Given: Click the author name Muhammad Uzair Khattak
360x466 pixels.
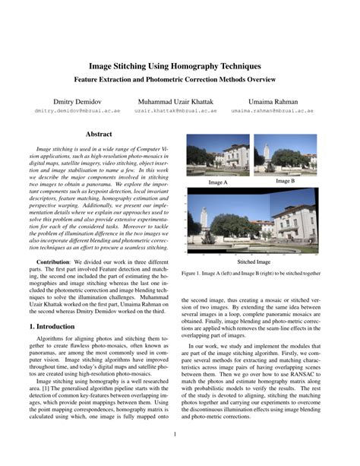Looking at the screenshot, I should click(x=175, y=101).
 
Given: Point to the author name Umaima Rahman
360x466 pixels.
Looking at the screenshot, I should click(x=272, y=101).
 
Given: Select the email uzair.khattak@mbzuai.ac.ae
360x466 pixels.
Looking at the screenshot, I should click(x=175, y=111).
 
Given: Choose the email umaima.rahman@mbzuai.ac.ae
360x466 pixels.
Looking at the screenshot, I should click(x=272, y=111).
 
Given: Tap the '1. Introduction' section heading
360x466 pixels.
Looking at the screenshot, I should click(x=50, y=326).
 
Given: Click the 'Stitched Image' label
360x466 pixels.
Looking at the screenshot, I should click(x=257, y=260).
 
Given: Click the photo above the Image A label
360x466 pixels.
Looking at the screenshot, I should click(x=217, y=156).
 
